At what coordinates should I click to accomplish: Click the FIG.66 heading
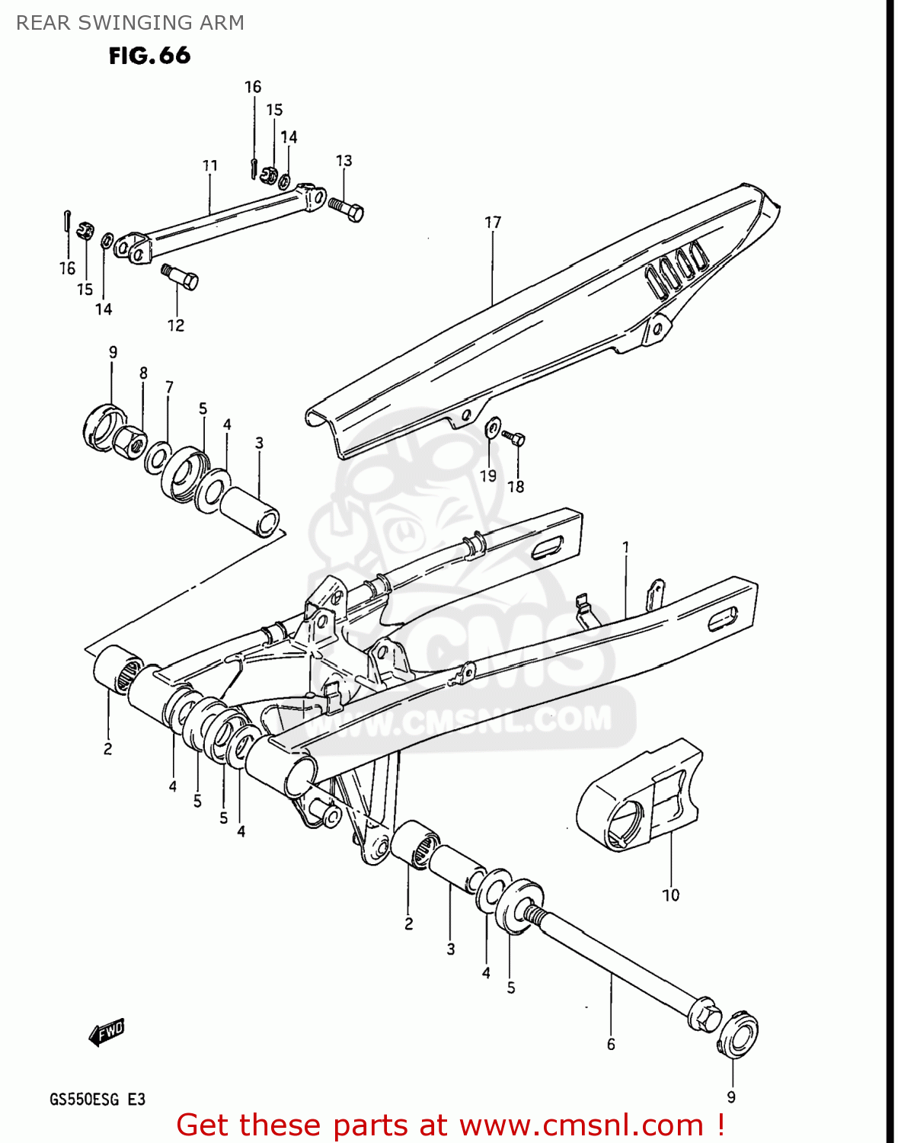point(149,56)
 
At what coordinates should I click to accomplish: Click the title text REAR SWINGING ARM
point(130,23)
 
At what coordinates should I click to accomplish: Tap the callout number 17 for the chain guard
point(493,223)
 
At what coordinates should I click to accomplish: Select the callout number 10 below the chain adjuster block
point(670,895)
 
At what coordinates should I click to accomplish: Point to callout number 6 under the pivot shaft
point(611,1044)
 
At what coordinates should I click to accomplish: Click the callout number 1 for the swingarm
point(625,547)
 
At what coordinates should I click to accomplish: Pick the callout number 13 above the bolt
point(344,161)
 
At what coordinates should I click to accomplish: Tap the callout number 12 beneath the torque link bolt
point(176,325)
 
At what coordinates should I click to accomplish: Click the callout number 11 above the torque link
point(210,165)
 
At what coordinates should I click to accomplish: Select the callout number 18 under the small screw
point(516,486)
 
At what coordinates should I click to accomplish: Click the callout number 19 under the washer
point(488,475)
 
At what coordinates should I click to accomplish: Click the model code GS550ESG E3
point(97,1100)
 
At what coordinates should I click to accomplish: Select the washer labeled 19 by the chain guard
point(493,427)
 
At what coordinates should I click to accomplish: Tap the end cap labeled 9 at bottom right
point(737,1034)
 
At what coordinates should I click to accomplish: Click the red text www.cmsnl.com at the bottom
point(582,1125)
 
